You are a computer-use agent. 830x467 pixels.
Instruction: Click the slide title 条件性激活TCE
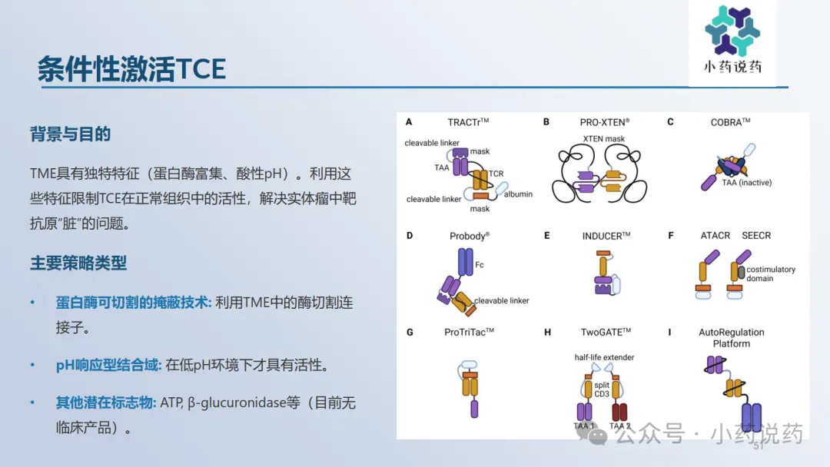132,69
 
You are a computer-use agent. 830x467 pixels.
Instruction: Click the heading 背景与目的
71,134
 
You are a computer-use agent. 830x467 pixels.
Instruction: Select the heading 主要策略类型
78,263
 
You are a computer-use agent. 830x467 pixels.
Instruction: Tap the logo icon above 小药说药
732,30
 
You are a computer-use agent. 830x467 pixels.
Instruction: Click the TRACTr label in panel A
468,122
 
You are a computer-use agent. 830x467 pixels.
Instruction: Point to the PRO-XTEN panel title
605,122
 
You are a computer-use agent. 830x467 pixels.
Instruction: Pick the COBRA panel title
731,122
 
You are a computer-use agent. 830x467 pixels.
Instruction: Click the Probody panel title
470,236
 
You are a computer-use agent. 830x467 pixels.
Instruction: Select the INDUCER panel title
606,236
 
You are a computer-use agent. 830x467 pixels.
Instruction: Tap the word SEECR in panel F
756,235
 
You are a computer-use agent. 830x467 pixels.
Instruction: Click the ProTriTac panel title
469,332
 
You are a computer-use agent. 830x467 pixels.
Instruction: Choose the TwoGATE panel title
606,332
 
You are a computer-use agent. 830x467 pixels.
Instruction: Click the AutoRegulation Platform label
732,338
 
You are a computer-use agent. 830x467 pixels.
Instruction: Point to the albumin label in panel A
518,194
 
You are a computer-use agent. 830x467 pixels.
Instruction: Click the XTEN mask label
603,138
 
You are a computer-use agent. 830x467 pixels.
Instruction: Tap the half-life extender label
604,357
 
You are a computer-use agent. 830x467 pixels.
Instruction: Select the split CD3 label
602,389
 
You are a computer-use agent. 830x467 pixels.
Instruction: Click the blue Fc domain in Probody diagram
465,262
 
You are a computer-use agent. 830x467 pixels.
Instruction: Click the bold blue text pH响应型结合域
108,365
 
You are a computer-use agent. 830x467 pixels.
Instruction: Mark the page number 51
759,445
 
